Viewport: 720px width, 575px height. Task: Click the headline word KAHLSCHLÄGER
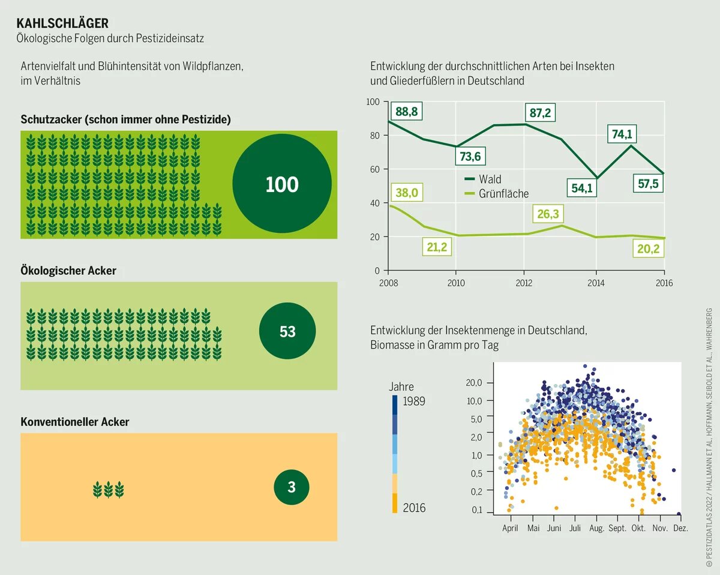(x=62, y=23)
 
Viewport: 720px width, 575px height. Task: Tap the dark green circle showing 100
(x=282, y=184)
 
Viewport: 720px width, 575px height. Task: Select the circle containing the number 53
(x=287, y=331)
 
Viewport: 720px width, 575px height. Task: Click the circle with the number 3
(x=292, y=487)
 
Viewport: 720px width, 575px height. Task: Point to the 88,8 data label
(x=406, y=112)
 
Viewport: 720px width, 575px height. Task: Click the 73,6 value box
(x=470, y=157)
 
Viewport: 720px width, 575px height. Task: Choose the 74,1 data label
(x=623, y=134)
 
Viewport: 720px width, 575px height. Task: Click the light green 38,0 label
(x=406, y=193)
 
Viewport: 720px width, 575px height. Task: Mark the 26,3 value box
(x=548, y=214)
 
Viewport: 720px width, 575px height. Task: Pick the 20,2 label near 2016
(x=648, y=248)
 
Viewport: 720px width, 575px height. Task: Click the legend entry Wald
(x=490, y=179)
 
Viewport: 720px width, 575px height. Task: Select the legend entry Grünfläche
(x=503, y=193)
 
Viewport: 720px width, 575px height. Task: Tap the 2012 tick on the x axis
(x=523, y=282)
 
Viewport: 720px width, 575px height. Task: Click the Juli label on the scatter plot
(x=574, y=529)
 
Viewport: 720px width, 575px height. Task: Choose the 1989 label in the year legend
(x=414, y=401)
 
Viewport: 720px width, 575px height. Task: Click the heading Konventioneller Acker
(x=75, y=422)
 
